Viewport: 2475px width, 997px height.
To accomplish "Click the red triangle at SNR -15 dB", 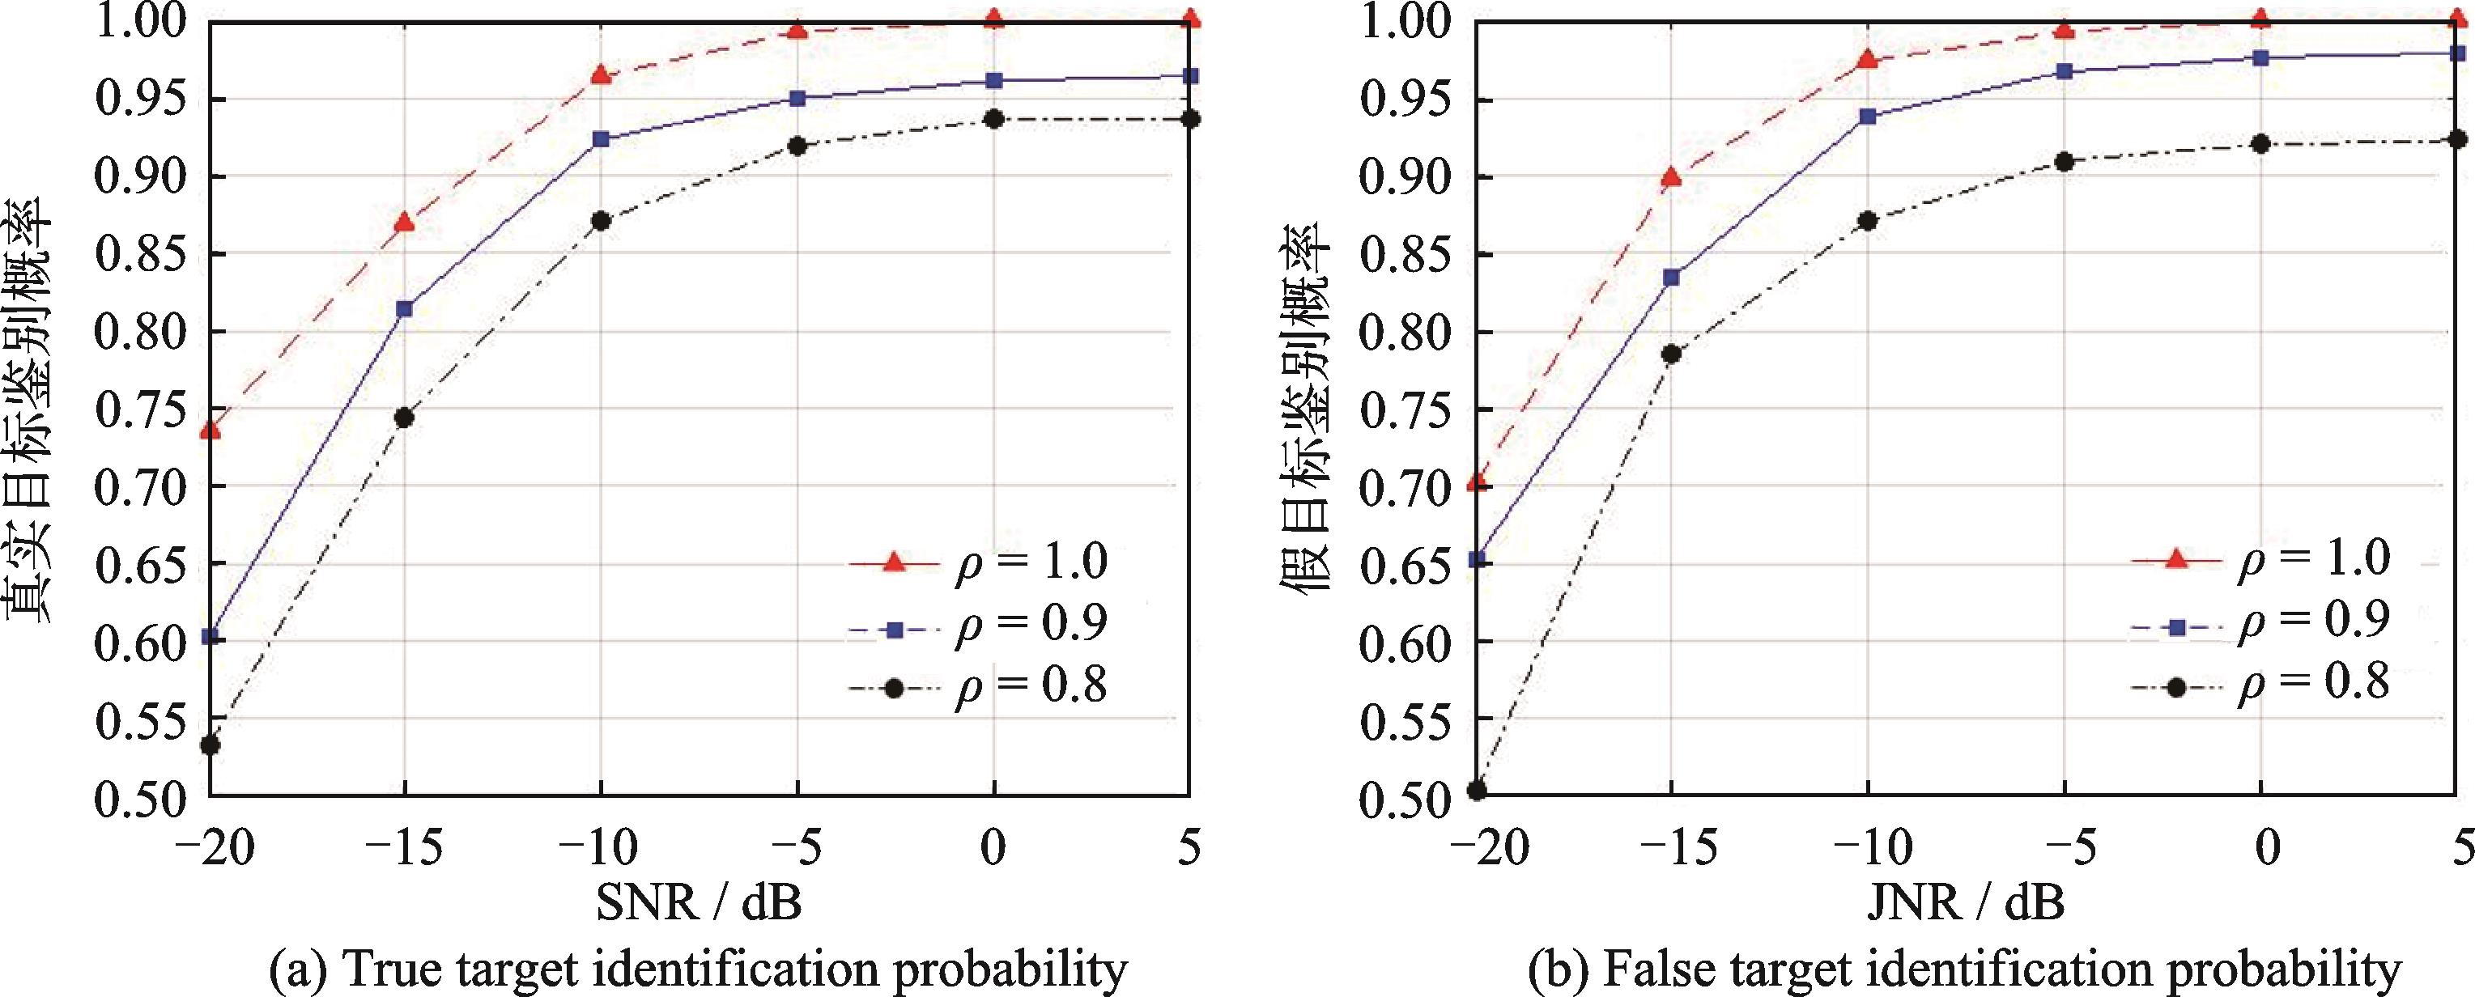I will click(405, 223).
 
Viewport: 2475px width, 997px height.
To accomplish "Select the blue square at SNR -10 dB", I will click(602, 139).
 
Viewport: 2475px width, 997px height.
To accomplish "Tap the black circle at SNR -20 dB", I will click(211, 745).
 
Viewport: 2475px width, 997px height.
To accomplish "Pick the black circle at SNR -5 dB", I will click(797, 146).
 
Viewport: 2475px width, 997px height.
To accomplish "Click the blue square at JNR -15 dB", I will click(1672, 278).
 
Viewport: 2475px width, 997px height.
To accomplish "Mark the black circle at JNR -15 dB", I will click(1672, 354).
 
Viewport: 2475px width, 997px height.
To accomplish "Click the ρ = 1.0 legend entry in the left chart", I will click(980, 563).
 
